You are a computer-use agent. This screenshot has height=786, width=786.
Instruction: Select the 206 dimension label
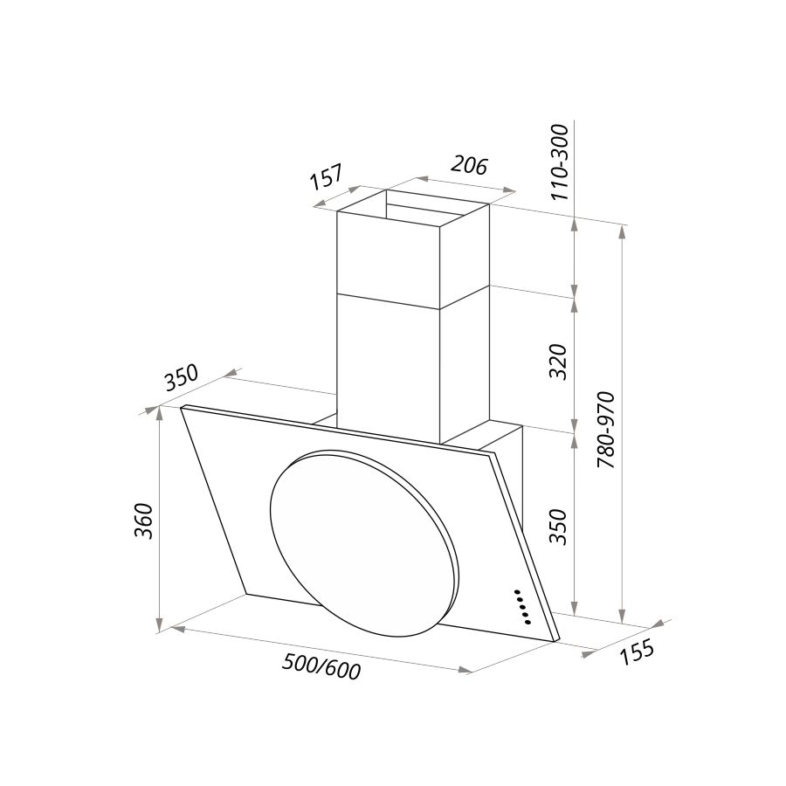pyautogui.click(x=469, y=165)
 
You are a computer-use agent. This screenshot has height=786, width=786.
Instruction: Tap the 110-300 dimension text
pyautogui.click(x=560, y=162)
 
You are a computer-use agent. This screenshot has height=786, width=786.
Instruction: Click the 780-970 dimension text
pyautogui.click(x=607, y=430)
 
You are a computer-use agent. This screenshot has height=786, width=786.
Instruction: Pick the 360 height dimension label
pyautogui.click(x=144, y=520)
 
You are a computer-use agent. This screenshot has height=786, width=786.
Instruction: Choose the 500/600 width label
pyautogui.click(x=321, y=666)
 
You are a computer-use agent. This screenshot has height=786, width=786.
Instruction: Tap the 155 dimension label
pyautogui.click(x=637, y=652)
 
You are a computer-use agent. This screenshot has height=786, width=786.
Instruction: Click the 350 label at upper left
pyautogui.click(x=182, y=378)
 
